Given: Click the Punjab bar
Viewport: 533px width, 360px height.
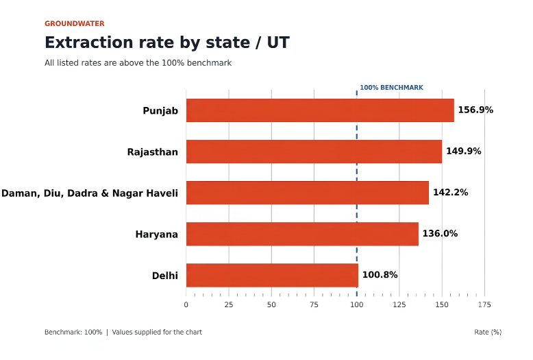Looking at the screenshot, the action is click(320, 110).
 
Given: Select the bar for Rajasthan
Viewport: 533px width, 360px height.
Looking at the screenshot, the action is click(314, 152).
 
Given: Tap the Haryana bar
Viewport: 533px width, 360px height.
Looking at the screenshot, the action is click(302, 234).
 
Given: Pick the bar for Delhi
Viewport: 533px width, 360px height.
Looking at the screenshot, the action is click(272, 275).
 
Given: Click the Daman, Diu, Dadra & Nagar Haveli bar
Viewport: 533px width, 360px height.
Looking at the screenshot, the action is click(308, 193).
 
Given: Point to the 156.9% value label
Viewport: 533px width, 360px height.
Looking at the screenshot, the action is click(475, 110).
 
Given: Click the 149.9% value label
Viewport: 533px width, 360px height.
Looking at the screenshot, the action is click(464, 151).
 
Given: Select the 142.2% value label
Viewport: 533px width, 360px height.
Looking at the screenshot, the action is click(450, 192).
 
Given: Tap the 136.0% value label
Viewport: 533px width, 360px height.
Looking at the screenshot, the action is click(440, 233).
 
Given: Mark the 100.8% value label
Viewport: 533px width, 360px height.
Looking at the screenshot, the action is click(380, 274).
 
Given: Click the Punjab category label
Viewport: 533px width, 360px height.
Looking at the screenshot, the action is click(160, 111).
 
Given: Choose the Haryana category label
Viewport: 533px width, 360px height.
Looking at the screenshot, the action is click(157, 235).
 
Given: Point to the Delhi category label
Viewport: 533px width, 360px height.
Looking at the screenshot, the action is click(165, 276).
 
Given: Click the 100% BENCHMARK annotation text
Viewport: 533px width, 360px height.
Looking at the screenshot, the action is click(392, 88).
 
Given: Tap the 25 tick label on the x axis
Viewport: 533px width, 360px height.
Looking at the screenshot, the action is click(229, 304).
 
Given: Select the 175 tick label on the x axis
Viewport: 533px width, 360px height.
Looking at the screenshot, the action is click(484, 304).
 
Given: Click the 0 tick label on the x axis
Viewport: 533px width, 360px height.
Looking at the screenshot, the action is click(186, 304).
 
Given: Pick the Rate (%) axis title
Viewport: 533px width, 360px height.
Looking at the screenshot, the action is click(488, 332).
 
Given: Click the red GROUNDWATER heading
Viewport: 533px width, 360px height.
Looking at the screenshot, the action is click(75, 23).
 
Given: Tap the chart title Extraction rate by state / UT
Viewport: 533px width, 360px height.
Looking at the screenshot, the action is click(167, 43).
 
